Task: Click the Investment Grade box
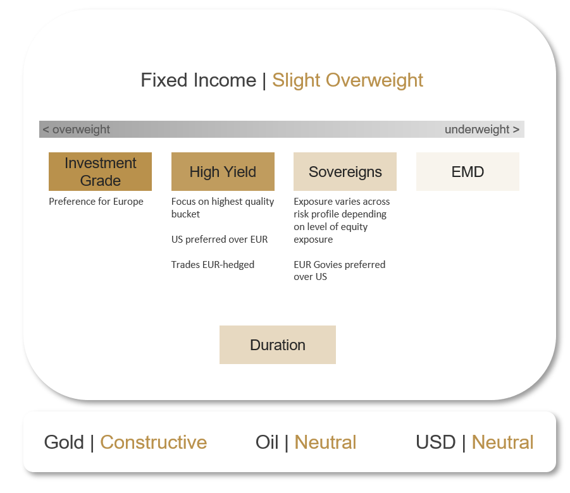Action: [100, 171]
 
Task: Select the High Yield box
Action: [223, 171]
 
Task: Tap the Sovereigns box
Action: [345, 171]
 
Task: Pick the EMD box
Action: [468, 171]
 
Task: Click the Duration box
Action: [278, 344]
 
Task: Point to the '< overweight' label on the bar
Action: [77, 130]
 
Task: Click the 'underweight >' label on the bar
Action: [482, 130]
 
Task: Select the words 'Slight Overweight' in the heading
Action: [347, 80]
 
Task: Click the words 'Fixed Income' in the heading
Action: [199, 80]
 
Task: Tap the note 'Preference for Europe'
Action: [96, 201]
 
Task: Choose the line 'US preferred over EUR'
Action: [220, 240]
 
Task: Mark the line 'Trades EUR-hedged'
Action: [213, 264]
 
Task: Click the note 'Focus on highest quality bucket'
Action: [223, 208]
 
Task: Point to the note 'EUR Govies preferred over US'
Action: [340, 271]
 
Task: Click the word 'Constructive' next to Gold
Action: [153, 442]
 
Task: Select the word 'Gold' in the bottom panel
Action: [64, 442]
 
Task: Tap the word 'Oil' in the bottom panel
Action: [267, 442]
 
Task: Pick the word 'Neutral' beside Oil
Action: [325, 442]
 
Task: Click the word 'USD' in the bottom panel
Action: [435, 442]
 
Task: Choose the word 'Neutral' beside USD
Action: [502, 442]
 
